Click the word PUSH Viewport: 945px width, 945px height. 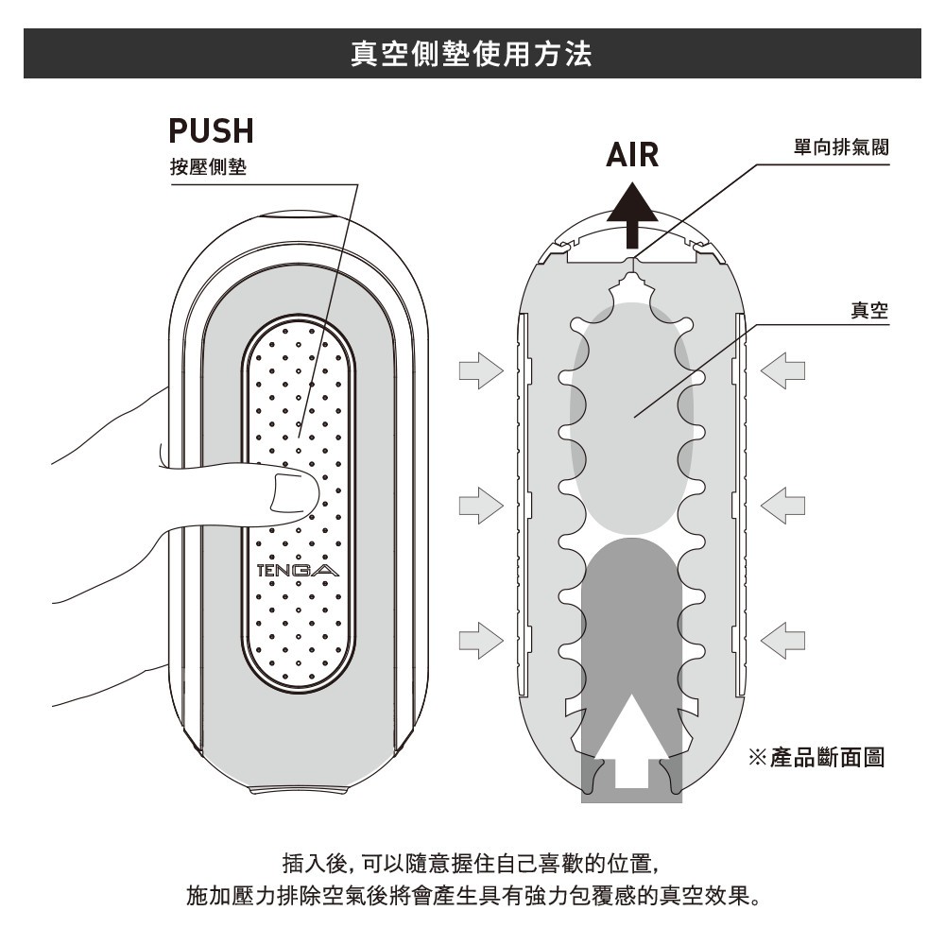211,130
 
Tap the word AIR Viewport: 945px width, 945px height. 632,153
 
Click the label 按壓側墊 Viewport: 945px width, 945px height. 208,168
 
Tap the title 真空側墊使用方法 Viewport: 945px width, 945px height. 472,53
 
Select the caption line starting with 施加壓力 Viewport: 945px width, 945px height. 472,894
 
